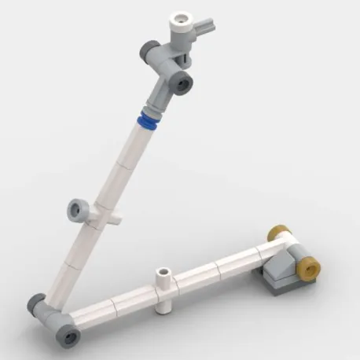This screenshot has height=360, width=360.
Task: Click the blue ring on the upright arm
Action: pyautogui.click(x=147, y=122)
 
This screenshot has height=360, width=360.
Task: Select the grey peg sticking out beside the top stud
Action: pyautogui.click(x=208, y=30)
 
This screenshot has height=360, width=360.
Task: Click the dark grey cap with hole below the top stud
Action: pyautogui.click(x=182, y=81)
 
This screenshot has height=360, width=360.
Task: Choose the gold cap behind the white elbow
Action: pyautogui.click(x=275, y=233)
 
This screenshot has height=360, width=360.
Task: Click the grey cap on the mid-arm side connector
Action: pyautogui.click(x=77, y=209)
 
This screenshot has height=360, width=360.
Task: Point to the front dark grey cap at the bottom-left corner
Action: pyautogui.click(x=69, y=336)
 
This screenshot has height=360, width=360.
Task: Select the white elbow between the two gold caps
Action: pyautogui.click(x=287, y=244)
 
